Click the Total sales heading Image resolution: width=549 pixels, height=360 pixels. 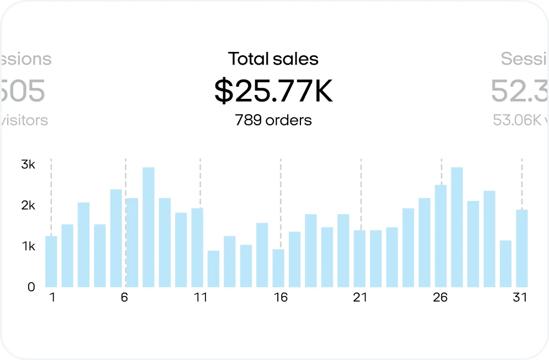click(x=273, y=59)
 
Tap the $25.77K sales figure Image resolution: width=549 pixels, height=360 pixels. click(x=273, y=91)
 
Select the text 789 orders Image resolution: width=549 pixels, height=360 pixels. click(x=273, y=120)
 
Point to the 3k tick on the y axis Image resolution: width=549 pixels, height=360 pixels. click(x=28, y=164)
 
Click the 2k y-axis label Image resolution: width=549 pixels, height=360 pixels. click(x=28, y=205)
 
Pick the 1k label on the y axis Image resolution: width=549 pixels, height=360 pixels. click(x=28, y=246)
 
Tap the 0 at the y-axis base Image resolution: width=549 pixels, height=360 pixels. click(x=31, y=287)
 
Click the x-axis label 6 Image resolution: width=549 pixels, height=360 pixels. click(x=124, y=298)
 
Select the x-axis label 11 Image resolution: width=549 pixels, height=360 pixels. click(x=200, y=298)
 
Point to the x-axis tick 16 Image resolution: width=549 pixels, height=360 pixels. click(x=281, y=298)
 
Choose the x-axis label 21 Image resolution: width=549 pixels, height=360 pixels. click(x=360, y=298)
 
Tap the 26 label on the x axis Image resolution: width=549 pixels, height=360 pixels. click(x=440, y=298)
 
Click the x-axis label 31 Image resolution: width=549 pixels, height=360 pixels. click(x=520, y=298)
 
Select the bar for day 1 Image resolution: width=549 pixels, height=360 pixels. click(x=51, y=262)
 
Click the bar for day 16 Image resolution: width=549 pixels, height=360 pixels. click(x=278, y=268)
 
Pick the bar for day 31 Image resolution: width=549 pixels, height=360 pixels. click(x=522, y=248)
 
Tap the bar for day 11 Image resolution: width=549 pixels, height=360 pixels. click(x=197, y=248)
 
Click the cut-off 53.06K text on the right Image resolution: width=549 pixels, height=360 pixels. click(x=517, y=120)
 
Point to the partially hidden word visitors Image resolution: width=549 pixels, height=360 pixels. click(x=24, y=120)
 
